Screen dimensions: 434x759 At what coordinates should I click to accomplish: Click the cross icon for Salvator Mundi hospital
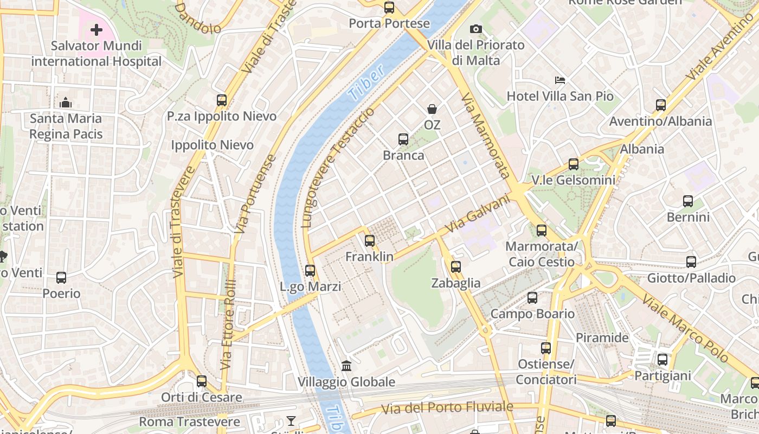(97, 29)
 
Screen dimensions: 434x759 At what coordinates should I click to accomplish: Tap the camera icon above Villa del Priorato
(476, 29)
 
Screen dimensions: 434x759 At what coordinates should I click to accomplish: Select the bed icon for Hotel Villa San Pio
(560, 80)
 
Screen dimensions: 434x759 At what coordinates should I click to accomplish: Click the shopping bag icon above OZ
(432, 109)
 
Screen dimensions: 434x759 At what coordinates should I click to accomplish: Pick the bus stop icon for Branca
(403, 139)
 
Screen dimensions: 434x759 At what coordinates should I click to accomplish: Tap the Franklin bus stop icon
(369, 240)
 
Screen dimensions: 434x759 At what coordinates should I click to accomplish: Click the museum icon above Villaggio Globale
(346, 366)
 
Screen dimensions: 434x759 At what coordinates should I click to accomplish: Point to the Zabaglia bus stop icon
(455, 266)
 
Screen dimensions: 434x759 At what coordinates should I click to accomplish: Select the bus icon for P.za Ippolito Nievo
(221, 100)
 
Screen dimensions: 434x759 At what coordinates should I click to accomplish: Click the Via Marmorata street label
(485, 136)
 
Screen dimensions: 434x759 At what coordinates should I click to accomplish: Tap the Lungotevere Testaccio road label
(337, 167)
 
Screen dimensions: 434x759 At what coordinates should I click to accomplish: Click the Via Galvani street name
(478, 214)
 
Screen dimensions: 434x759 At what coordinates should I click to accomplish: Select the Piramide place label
(602, 337)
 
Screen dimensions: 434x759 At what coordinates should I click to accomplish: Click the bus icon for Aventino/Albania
(660, 105)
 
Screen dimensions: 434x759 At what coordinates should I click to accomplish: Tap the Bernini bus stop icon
(687, 201)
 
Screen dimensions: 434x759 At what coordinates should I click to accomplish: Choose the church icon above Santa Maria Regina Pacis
(66, 102)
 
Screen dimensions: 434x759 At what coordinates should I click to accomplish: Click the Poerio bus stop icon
(61, 278)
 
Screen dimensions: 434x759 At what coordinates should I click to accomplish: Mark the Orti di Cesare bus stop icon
(201, 381)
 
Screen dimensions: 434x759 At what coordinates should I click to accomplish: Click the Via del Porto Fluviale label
(447, 407)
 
